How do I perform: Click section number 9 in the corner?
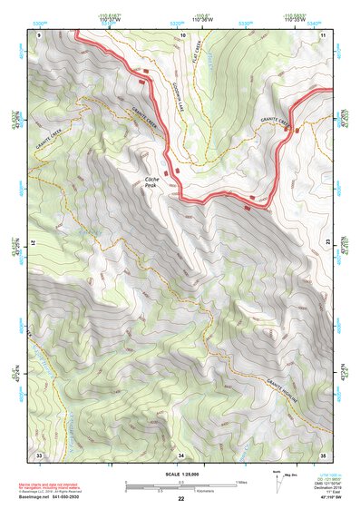(39, 34)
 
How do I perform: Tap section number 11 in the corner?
(324, 34)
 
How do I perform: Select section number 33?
(39, 455)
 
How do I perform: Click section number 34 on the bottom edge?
(181, 455)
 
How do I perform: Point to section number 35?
(324, 455)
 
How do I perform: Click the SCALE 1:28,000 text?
(180, 473)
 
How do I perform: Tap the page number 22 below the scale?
(180, 499)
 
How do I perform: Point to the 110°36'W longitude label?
(201, 20)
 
